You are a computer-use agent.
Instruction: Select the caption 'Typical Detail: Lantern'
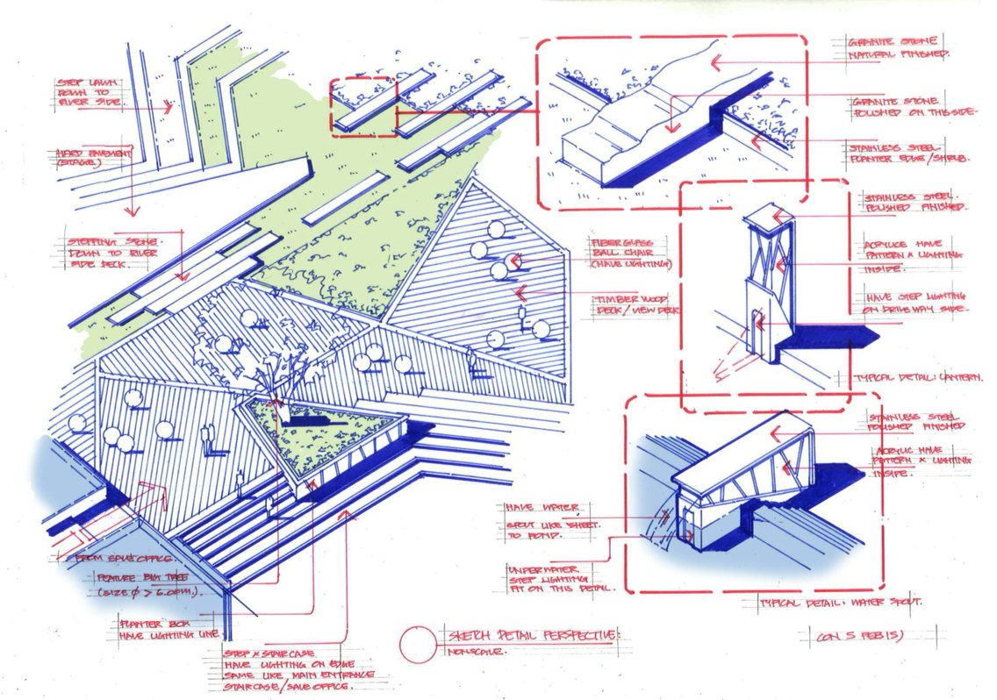(918, 378)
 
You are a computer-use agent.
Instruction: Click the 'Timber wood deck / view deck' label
(637, 304)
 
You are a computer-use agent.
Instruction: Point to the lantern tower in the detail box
(762, 281)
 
